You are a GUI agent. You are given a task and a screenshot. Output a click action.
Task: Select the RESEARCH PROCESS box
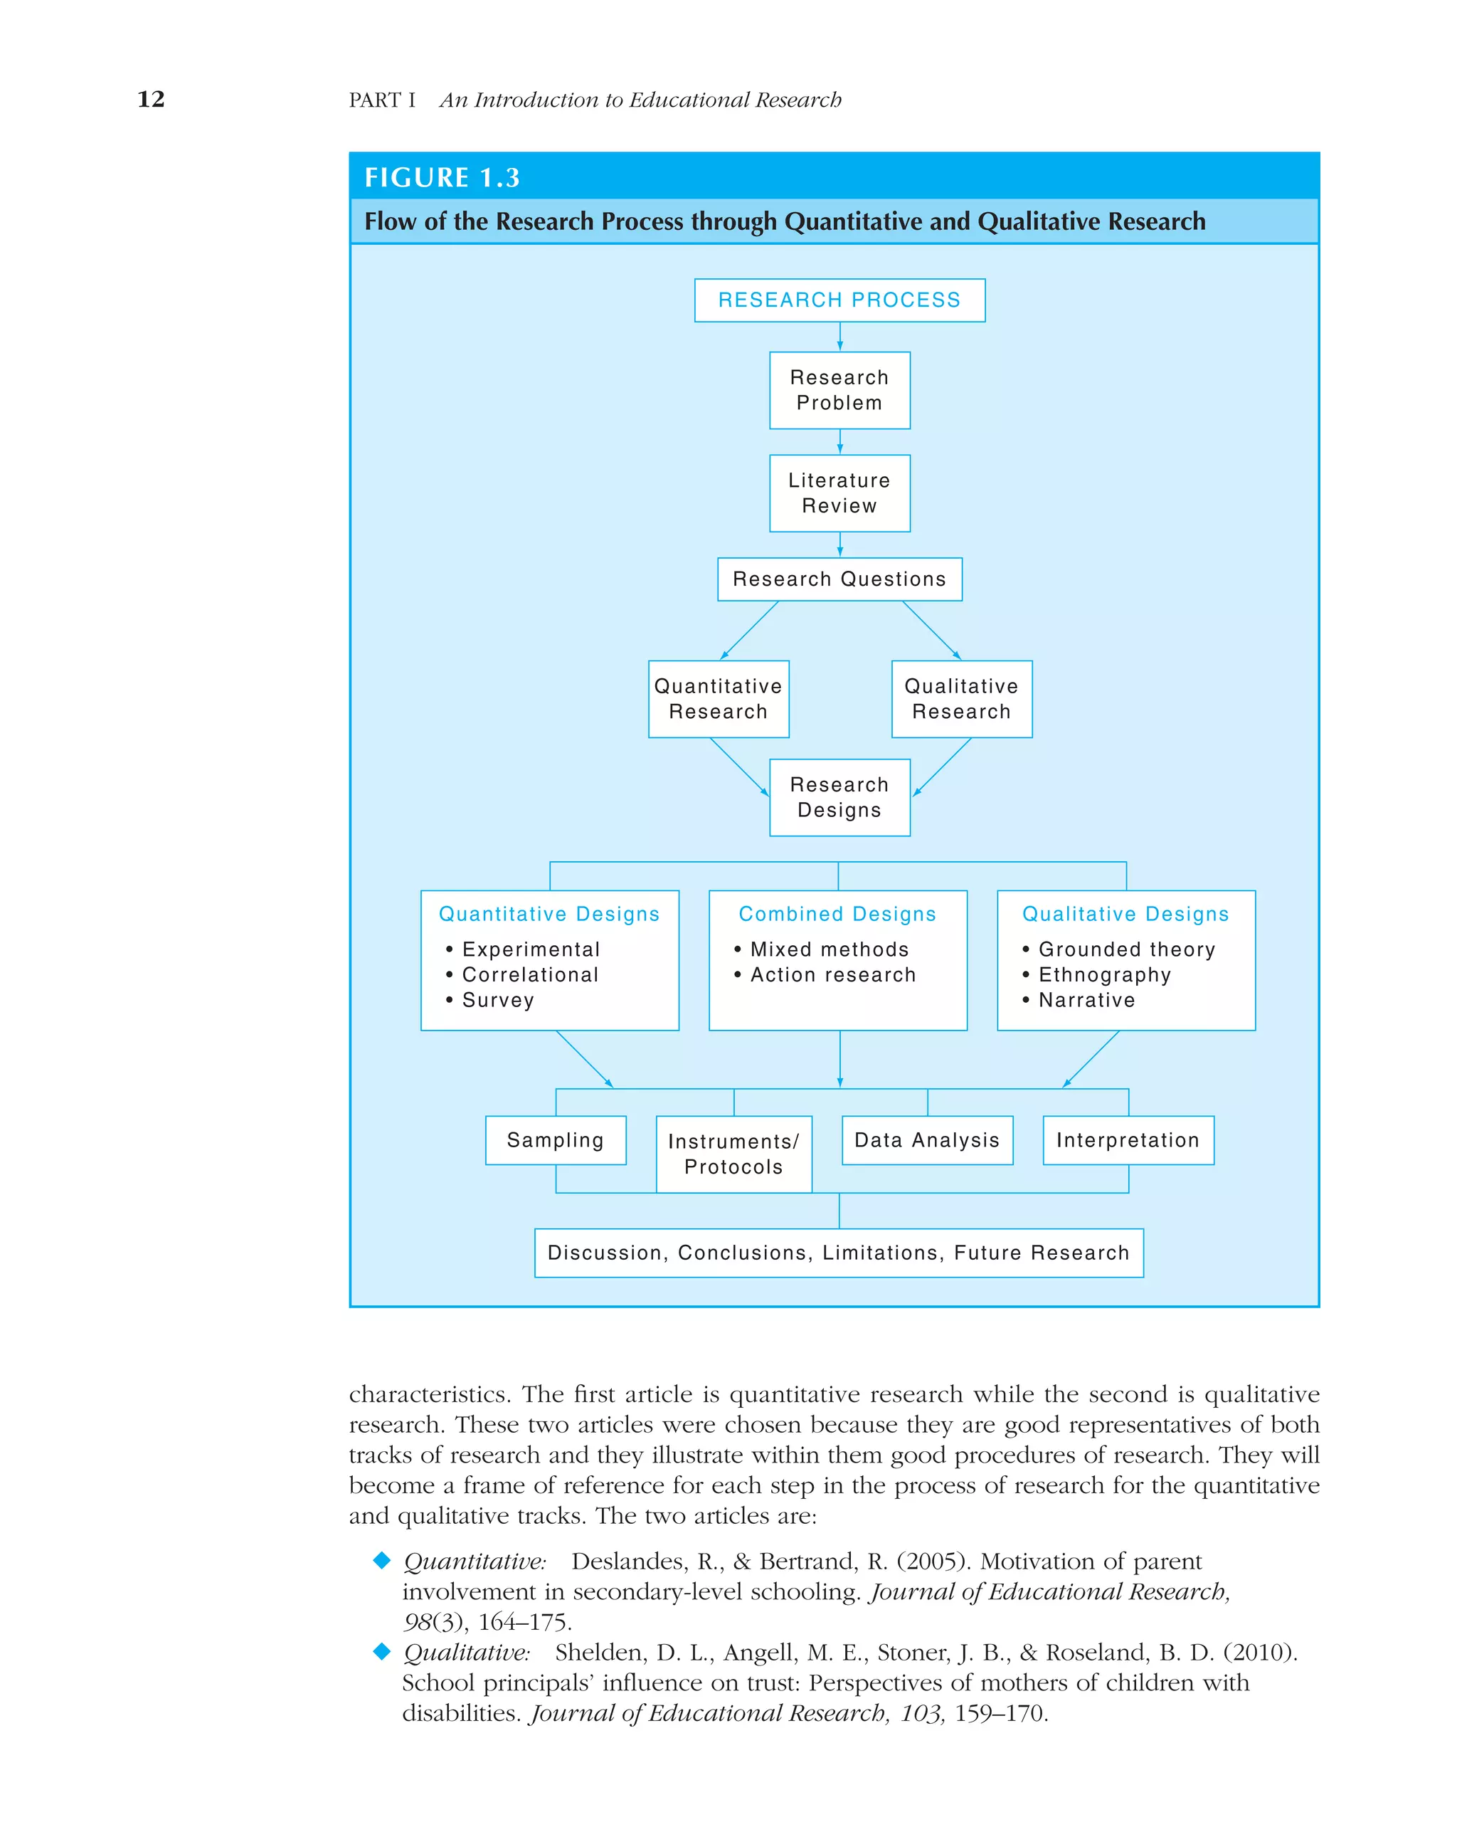tap(839, 300)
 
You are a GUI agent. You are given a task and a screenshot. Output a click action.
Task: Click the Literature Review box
tap(839, 493)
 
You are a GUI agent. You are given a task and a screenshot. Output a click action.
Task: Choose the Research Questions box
tap(839, 579)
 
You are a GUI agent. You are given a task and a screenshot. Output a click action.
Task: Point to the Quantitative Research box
tap(718, 699)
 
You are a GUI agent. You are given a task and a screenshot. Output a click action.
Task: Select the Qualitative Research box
tap(961, 699)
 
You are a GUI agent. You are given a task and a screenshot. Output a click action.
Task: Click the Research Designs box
tap(839, 797)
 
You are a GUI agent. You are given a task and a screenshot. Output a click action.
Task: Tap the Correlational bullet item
tap(529, 974)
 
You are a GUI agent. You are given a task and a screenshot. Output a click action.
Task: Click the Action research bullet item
tap(832, 974)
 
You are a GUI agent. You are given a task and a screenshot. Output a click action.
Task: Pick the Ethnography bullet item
tap(1104, 974)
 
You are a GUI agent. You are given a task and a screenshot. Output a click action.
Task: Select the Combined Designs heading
tap(837, 914)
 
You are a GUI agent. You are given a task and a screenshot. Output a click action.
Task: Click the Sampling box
tap(555, 1140)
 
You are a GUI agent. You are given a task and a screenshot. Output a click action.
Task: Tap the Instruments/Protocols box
tap(733, 1154)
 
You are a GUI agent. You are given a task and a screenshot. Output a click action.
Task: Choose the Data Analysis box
tap(926, 1140)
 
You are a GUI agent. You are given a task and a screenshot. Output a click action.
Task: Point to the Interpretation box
tap(1128, 1140)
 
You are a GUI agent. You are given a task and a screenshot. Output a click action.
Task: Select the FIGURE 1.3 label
tap(442, 177)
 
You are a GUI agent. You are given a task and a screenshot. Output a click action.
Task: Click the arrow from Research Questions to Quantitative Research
tap(749, 630)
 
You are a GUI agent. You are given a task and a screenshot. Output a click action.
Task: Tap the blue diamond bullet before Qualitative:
tap(382, 1650)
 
